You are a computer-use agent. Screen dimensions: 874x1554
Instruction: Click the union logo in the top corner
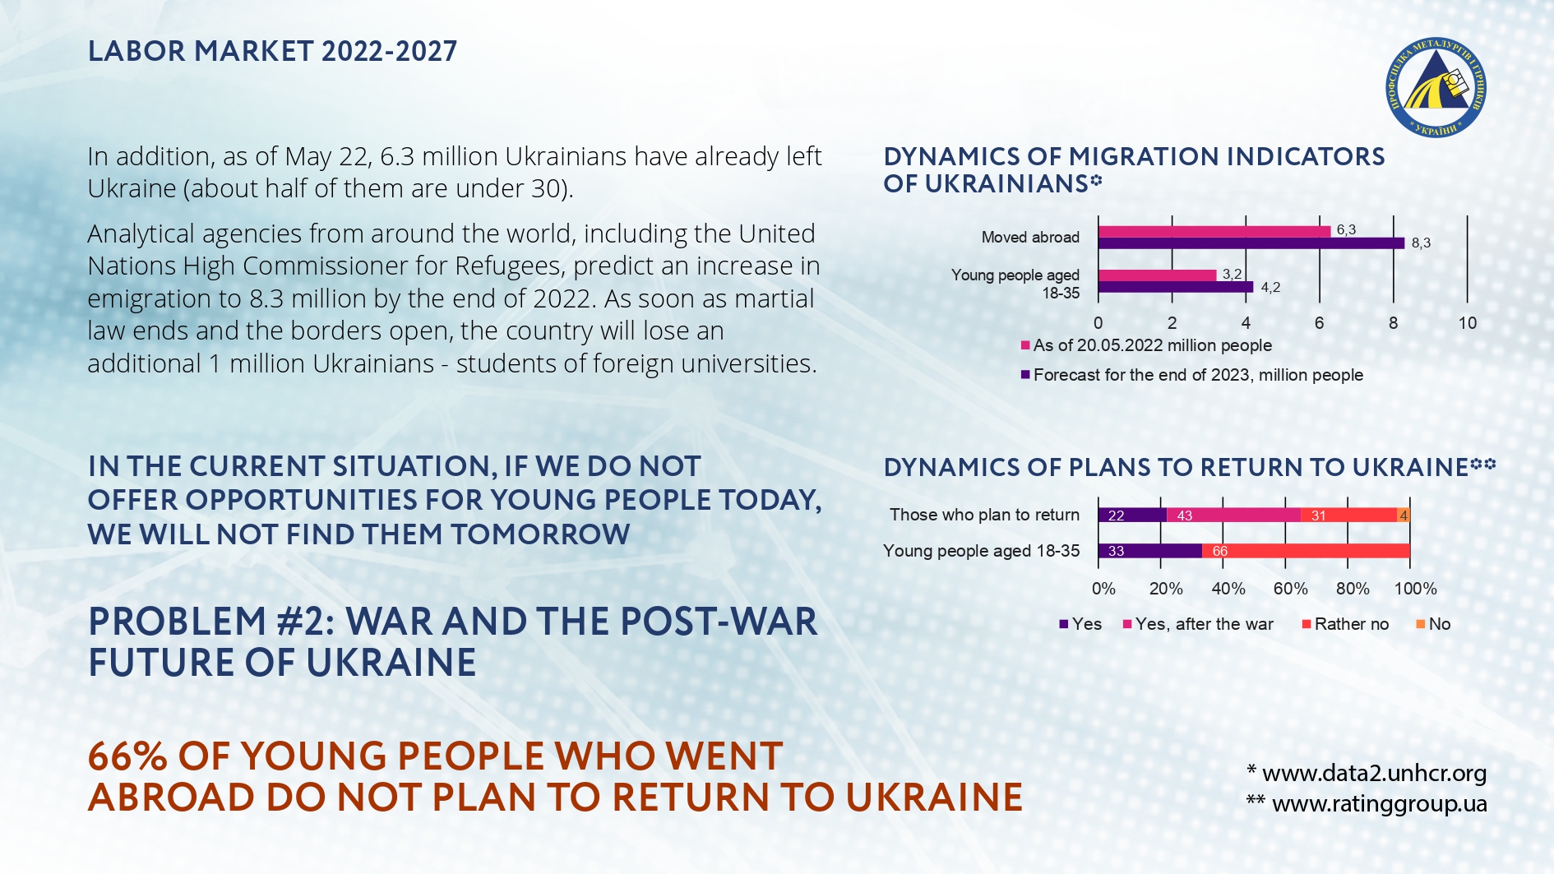(1436, 87)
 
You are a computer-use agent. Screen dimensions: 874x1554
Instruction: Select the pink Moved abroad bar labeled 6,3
(1214, 231)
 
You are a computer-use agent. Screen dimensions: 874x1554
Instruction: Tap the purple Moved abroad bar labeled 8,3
(1251, 243)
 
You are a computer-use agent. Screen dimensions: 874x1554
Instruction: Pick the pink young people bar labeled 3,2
(1157, 275)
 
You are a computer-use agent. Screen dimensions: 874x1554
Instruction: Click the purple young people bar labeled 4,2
(1175, 287)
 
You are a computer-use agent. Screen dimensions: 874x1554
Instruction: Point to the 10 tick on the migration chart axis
(1468, 323)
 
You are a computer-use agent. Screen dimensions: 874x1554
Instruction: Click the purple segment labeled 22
(1131, 516)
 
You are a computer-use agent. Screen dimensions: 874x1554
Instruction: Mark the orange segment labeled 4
(1404, 516)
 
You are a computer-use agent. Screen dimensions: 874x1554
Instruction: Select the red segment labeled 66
(1306, 551)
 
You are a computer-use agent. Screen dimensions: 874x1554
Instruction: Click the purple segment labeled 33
(1149, 551)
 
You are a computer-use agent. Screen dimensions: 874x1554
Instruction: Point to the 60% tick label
(1290, 589)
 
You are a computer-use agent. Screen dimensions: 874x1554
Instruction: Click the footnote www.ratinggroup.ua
(1379, 803)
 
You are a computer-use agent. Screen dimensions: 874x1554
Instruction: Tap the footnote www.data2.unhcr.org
(1374, 773)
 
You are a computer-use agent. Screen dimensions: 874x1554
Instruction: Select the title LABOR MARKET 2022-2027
(272, 51)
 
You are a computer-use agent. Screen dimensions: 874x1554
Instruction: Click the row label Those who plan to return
(984, 515)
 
